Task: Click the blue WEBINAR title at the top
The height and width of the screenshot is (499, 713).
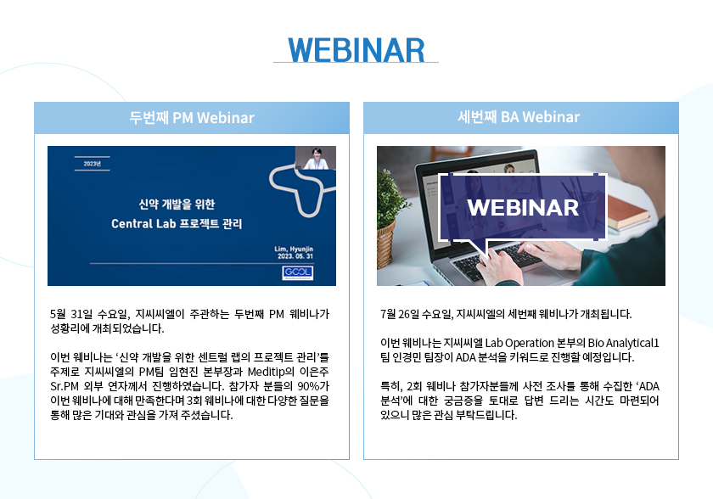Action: click(356, 50)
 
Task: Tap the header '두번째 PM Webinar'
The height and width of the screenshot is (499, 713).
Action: click(192, 118)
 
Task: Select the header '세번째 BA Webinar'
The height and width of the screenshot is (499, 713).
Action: click(519, 117)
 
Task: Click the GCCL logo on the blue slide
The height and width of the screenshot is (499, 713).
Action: click(297, 272)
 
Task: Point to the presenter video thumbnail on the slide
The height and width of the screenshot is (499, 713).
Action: click(316, 158)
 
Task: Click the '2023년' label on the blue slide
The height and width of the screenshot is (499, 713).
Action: click(93, 164)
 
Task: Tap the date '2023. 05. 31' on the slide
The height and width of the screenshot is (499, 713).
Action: click(295, 256)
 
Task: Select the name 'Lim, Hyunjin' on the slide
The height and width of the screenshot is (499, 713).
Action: click(294, 249)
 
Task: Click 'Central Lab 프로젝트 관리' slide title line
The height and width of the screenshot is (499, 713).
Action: click(177, 223)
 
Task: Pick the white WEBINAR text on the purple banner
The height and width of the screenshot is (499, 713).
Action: click(523, 208)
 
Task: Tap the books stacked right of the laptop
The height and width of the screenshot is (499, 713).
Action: click(628, 212)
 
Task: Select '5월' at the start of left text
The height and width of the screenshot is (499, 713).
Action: click(58, 314)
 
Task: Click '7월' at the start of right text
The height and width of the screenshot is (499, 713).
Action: click(388, 314)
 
